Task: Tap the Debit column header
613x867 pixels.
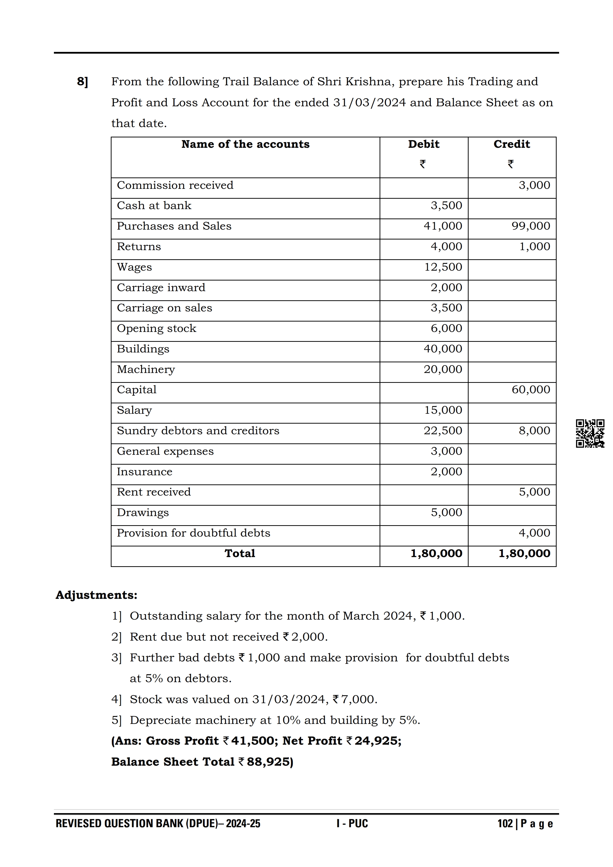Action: click(x=423, y=144)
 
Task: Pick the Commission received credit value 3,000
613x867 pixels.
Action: click(x=534, y=185)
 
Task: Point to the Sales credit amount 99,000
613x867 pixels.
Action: click(x=531, y=226)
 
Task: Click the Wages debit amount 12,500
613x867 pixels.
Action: click(x=443, y=267)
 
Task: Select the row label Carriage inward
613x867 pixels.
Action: click(x=161, y=287)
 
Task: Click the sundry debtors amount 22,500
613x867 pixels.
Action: click(x=443, y=431)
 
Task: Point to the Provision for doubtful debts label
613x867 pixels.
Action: click(x=193, y=533)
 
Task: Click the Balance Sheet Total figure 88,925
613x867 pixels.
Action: click(x=270, y=762)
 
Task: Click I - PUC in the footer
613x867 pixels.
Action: click(x=352, y=824)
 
